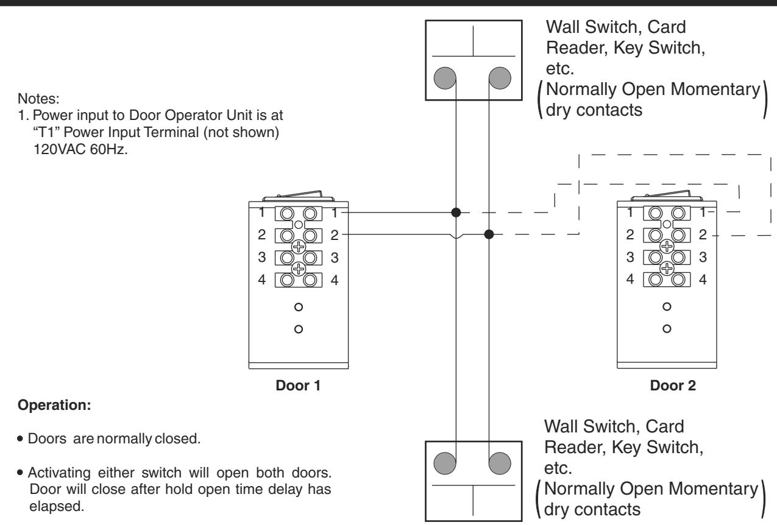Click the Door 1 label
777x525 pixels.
coord(298,386)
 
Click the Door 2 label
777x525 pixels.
coord(673,386)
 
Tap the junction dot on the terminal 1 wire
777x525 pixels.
coord(456,212)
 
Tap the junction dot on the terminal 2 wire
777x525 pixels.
coord(489,234)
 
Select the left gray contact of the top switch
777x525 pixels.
coord(445,78)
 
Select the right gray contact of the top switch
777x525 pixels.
coord(500,78)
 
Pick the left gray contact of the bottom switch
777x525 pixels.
coord(445,463)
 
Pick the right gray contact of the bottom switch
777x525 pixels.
coord(500,463)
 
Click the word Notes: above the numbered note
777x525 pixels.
coord(38,99)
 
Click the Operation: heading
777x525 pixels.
coord(54,405)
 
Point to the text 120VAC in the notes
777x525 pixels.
coord(60,149)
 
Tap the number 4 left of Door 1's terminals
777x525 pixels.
coord(262,280)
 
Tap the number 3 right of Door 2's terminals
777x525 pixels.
coord(703,257)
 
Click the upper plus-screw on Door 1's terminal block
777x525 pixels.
coord(299,247)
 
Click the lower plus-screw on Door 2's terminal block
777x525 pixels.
coord(667,269)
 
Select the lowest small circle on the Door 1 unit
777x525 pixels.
coord(299,329)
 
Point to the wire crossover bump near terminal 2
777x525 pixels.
coord(456,236)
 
